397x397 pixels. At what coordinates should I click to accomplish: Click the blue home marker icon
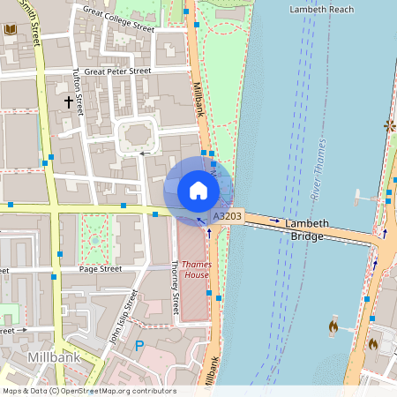[x=198, y=190]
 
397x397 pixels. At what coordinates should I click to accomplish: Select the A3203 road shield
[x=228, y=215]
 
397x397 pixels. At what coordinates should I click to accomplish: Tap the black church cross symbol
[x=68, y=101]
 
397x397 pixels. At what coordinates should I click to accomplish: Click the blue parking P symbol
[x=139, y=346]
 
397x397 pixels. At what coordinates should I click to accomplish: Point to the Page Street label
[x=100, y=268]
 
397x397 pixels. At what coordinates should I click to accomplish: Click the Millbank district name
[x=54, y=358]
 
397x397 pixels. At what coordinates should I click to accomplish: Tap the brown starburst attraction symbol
[x=389, y=126]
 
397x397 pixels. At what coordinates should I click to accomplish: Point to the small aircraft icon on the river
[x=361, y=197]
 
